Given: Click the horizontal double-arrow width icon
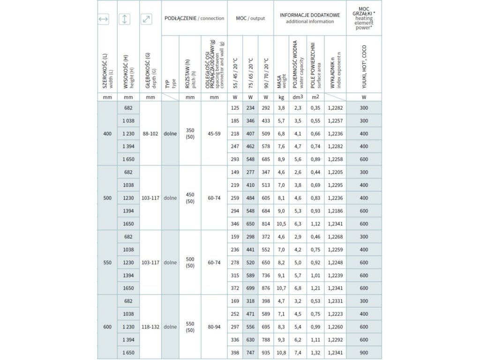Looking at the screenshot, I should [x=104, y=19].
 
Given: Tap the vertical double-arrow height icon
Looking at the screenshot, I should [x=125, y=19].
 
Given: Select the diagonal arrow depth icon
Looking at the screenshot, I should [x=147, y=19].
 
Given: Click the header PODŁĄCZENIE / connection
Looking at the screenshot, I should [x=194, y=18].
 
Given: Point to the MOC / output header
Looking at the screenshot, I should [x=250, y=18].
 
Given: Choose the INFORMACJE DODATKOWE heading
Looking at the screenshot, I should [x=310, y=18].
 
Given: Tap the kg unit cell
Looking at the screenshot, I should [x=281, y=97].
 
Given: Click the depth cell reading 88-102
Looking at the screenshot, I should [x=150, y=134].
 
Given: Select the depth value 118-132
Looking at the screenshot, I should [x=150, y=327].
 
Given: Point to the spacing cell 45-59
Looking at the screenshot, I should [x=214, y=134].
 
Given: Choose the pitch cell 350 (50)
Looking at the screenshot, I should [x=190, y=134].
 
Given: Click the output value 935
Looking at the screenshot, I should [x=266, y=352].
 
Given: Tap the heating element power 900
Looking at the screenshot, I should [x=364, y=352].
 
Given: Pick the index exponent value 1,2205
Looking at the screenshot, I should [x=335, y=172].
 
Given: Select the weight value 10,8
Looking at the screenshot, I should [x=281, y=352].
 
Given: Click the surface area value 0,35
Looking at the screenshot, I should [x=315, y=108].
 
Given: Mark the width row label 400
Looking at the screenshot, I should [x=107, y=134].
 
